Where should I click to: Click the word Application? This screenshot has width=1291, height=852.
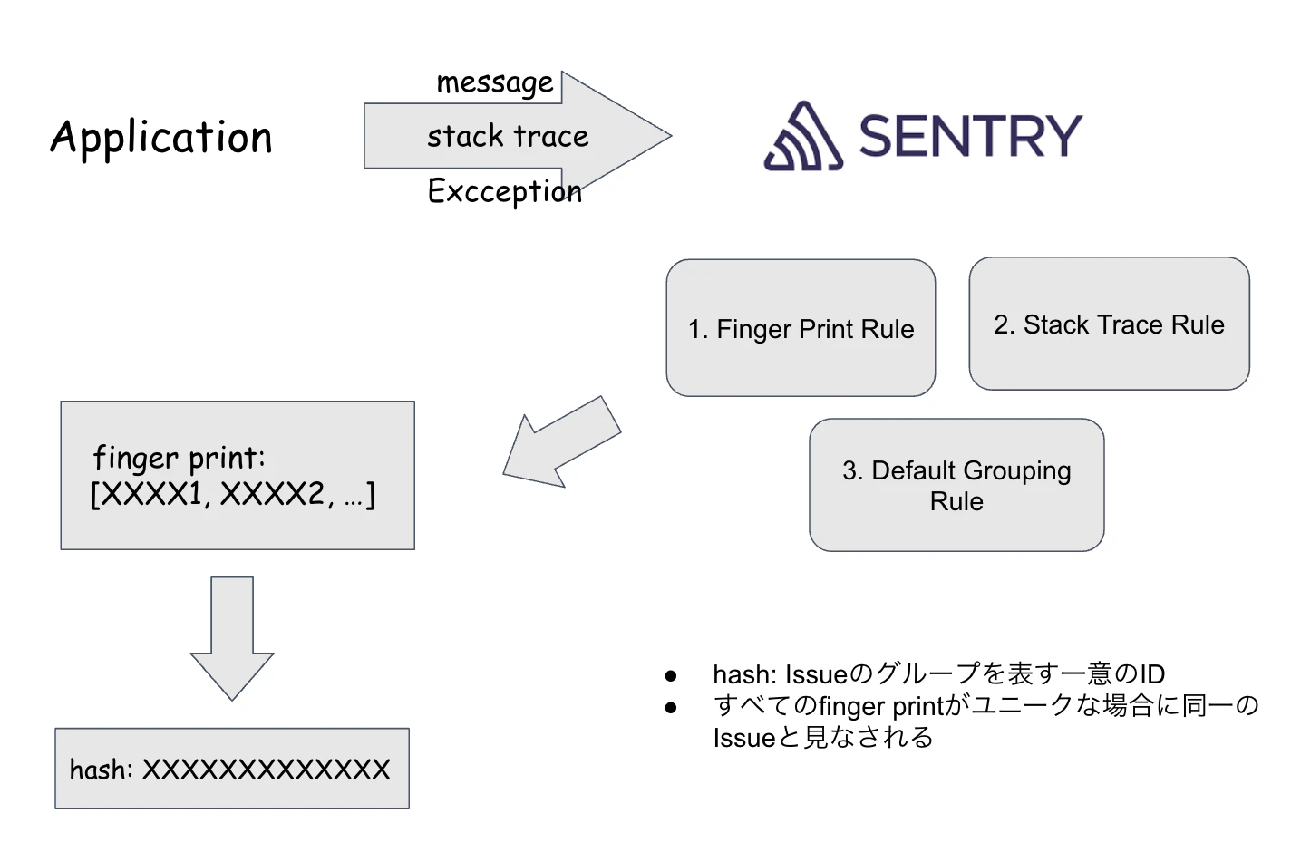click(161, 138)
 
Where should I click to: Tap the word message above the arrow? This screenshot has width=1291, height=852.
click(494, 82)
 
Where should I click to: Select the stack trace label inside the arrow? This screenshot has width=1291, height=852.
click(508, 136)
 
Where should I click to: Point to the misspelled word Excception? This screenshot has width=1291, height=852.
click(504, 191)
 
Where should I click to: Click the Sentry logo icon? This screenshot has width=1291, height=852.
click(803, 137)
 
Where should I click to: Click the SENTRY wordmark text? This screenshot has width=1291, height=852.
click(970, 137)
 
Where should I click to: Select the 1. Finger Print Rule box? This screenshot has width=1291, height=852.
click(801, 328)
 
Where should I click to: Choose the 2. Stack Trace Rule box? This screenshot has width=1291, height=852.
click(1109, 324)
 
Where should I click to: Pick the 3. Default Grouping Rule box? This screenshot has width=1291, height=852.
click(956, 485)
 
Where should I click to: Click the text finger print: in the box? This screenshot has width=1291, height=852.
click(179, 458)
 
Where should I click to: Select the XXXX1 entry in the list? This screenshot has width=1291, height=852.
click(153, 494)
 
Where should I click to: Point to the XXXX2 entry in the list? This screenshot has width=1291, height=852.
click(273, 494)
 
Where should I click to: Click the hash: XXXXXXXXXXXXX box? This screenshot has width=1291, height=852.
click(231, 769)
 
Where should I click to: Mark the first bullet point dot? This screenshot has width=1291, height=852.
click(671, 675)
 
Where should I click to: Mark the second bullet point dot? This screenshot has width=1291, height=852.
click(671, 708)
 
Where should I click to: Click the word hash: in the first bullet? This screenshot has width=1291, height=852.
click(744, 674)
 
